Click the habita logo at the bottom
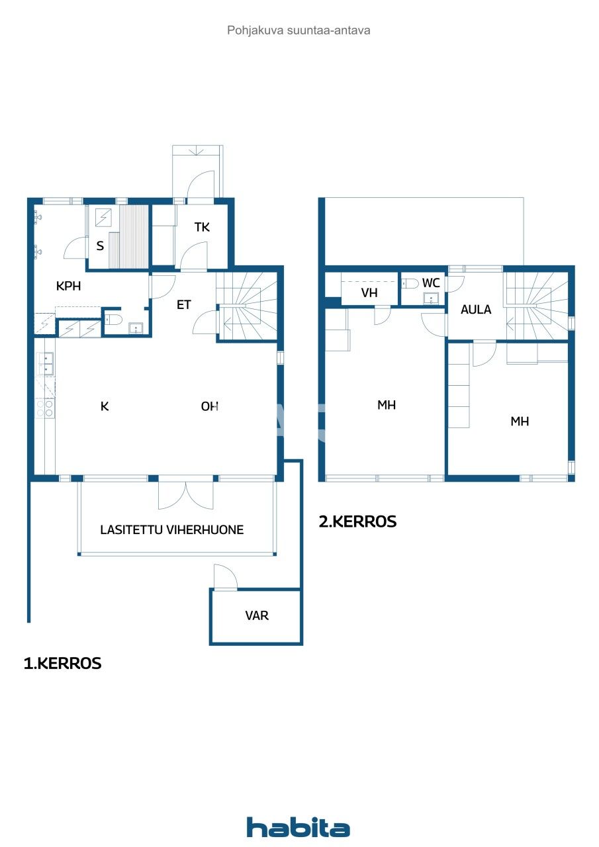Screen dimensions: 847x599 point(299,827)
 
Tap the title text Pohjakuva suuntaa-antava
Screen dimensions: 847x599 point(299,30)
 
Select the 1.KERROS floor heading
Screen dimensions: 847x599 point(62,664)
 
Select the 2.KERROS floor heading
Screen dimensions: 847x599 point(357,521)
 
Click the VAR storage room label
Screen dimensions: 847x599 point(257,615)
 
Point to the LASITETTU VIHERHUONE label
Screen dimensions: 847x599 point(172,529)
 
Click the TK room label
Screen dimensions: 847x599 point(202,228)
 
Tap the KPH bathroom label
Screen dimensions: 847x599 point(69,287)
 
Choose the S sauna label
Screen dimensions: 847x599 point(100,246)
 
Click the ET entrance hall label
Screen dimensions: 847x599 point(183,305)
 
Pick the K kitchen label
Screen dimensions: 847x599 point(104,406)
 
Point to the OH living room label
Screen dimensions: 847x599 point(210,406)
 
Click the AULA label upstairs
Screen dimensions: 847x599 point(476,309)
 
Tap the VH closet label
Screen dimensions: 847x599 point(369,292)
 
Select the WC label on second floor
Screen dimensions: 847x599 point(431,283)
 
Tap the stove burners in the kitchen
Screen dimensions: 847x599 point(45,408)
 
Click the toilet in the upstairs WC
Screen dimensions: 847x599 point(411,283)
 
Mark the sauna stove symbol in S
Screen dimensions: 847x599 point(103,217)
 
